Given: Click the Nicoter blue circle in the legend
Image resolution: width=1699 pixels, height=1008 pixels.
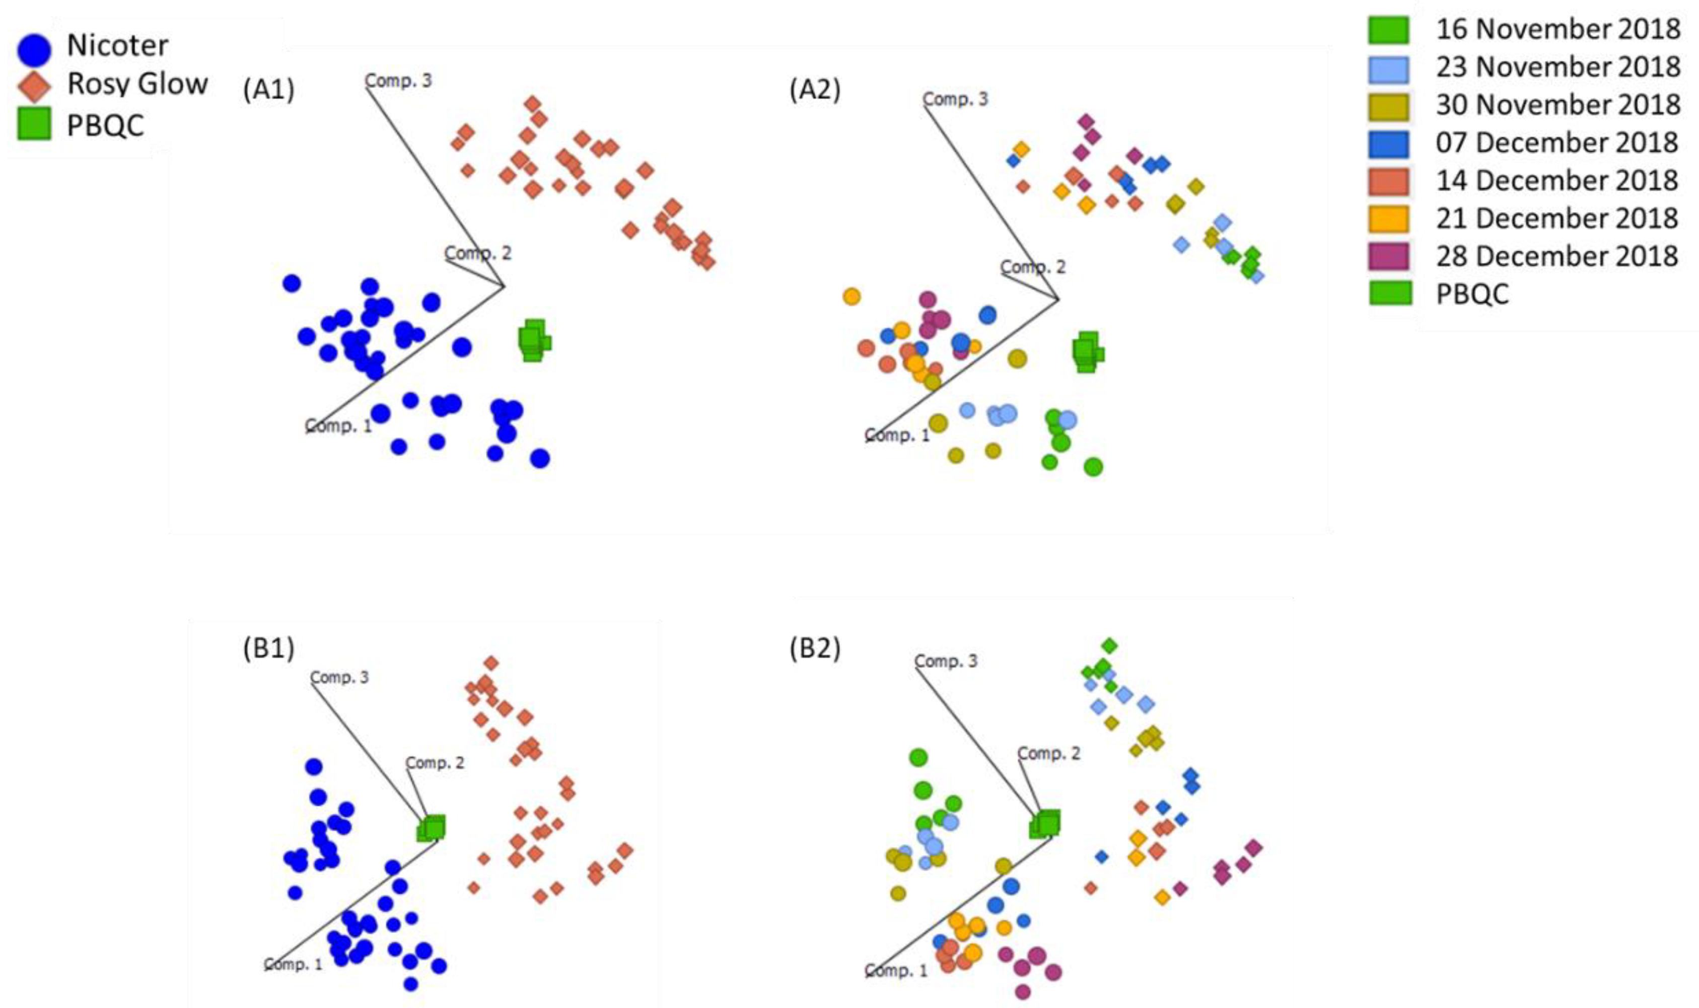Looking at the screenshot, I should pyautogui.click(x=34, y=48).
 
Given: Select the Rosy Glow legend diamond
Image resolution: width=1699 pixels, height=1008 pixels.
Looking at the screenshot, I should pyautogui.click(x=34, y=86).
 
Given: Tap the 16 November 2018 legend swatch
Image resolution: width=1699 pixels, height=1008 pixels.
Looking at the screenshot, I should pyautogui.click(x=1388, y=29).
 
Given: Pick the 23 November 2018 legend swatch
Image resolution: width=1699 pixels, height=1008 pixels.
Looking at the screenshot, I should pyautogui.click(x=1388, y=67).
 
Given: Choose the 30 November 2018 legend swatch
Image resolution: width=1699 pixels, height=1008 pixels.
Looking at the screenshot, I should pyautogui.click(x=1388, y=105).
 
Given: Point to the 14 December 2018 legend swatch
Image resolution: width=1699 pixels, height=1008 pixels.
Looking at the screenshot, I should pyautogui.click(x=1388, y=181).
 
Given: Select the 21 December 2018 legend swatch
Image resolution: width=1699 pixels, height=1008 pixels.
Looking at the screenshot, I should pyautogui.click(x=1388, y=219).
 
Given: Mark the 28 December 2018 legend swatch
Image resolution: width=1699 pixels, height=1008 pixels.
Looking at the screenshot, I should pyautogui.click(x=1388, y=256).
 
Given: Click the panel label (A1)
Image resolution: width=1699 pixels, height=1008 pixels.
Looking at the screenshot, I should pyautogui.click(x=269, y=89).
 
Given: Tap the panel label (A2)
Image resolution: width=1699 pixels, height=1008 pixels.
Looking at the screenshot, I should pyautogui.click(x=815, y=89).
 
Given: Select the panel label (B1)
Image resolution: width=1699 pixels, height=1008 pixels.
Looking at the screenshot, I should pyautogui.click(x=269, y=648).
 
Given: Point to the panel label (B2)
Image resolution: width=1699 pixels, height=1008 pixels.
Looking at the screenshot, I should pyautogui.click(x=815, y=648).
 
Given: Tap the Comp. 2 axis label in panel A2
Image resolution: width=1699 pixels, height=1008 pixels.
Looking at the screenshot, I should pyautogui.click(x=1033, y=267).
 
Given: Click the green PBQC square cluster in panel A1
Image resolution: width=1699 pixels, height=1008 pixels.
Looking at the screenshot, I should pyautogui.click(x=533, y=340).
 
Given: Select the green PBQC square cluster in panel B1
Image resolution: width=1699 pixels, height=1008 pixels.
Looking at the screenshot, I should pyautogui.click(x=432, y=828).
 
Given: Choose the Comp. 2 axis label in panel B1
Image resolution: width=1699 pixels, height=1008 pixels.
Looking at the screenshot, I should pyautogui.click(x=435, y=763).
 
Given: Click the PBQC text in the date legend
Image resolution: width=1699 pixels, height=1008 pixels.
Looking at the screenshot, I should pyautogui.click(x=1472, y=294).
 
